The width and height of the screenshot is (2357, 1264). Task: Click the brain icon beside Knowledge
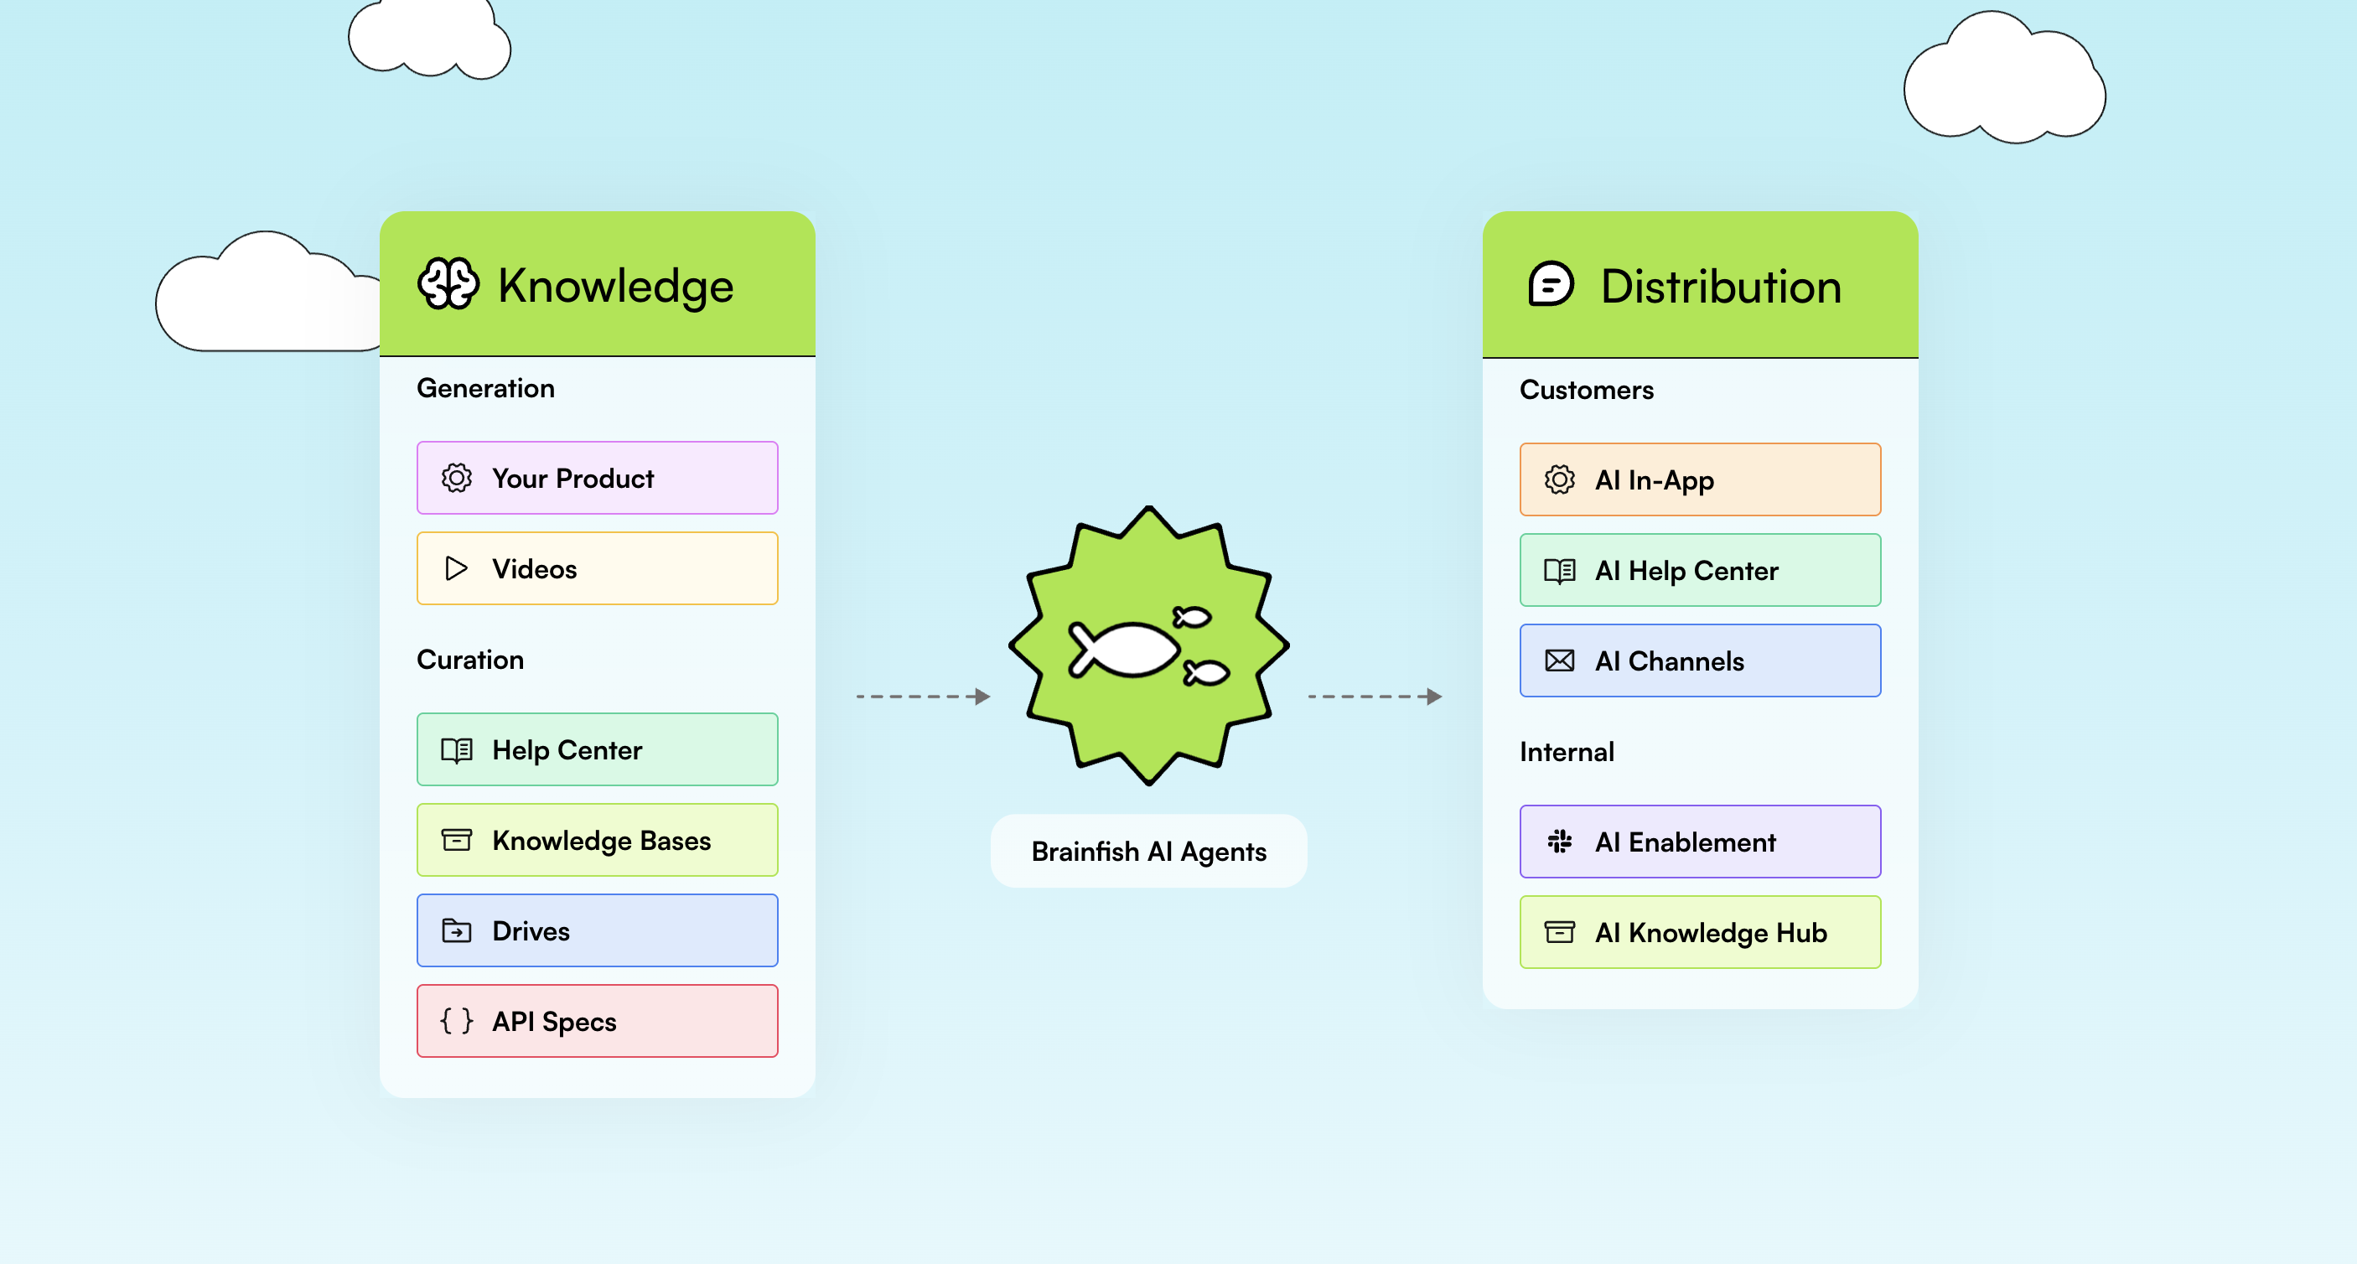click(448, 284)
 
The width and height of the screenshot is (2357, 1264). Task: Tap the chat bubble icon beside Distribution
click(1551, 285)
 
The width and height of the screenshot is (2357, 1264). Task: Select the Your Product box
click(597, 478)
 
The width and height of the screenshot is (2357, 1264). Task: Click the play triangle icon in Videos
click(456, 568)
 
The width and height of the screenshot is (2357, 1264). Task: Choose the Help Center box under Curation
click(597, 749)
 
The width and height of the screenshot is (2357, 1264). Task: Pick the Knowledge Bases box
click(597, 840)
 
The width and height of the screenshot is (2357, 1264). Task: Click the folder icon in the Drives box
click(456, 931)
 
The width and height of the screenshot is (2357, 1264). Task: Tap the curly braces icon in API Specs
click(456, 1021)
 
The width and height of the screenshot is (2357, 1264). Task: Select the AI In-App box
click(1699, 479)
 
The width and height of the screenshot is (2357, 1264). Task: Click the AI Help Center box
click(1699, 570)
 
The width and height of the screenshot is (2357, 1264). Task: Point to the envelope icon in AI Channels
click(1559, 660)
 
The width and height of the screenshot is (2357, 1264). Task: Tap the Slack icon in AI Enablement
click(1559, 842)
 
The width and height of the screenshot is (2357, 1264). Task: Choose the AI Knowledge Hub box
click(1699, 933)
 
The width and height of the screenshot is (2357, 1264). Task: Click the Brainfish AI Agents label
click(1148, 852)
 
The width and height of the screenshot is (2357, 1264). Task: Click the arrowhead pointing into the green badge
click(982, 697)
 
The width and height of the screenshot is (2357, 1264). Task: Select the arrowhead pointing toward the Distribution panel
click(1435, 697)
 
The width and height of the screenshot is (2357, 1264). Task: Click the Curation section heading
click(470, 660)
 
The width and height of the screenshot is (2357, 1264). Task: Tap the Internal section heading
click(1567, 753)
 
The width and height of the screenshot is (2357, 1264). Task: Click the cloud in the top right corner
click(2004, 82)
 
